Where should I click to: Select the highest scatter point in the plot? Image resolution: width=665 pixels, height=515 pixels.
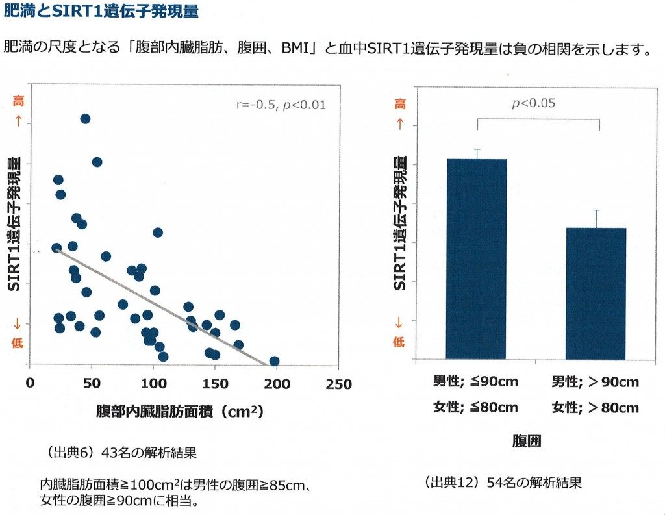85,118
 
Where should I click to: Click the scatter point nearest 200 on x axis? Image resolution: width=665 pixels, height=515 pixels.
274,361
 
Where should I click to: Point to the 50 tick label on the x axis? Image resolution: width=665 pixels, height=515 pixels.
92,384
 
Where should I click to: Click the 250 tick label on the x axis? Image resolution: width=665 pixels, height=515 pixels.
338,384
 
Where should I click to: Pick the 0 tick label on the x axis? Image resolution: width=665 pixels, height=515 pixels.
30,384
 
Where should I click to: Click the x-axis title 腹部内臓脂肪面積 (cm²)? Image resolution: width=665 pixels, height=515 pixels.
179,411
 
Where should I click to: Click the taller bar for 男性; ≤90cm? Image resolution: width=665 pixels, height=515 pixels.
476,260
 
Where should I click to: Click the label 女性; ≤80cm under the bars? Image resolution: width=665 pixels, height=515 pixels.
476,408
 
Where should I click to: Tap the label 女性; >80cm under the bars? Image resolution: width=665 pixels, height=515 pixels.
595,408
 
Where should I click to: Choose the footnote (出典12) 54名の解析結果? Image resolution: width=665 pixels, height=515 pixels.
503,483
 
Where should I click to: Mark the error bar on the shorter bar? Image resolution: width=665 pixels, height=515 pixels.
596,219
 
